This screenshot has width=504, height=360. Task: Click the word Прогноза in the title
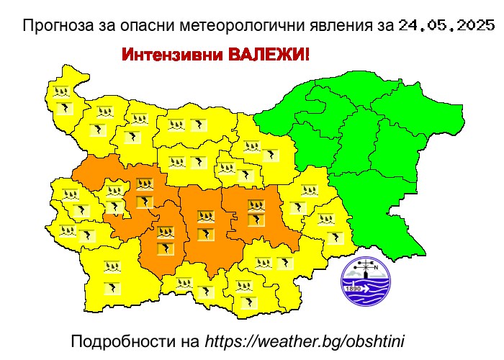click(55, 27)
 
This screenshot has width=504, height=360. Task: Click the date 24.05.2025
click(446, 27)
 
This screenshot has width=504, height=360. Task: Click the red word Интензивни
click(170, 55)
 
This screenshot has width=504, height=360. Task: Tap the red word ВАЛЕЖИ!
click(268, 55)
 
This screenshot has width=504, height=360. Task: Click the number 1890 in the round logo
click(354, 289)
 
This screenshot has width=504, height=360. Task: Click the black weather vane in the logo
click(366, 268)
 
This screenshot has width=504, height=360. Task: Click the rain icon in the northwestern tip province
click(60, 92)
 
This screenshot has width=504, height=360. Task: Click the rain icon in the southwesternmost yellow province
click(112, 267)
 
